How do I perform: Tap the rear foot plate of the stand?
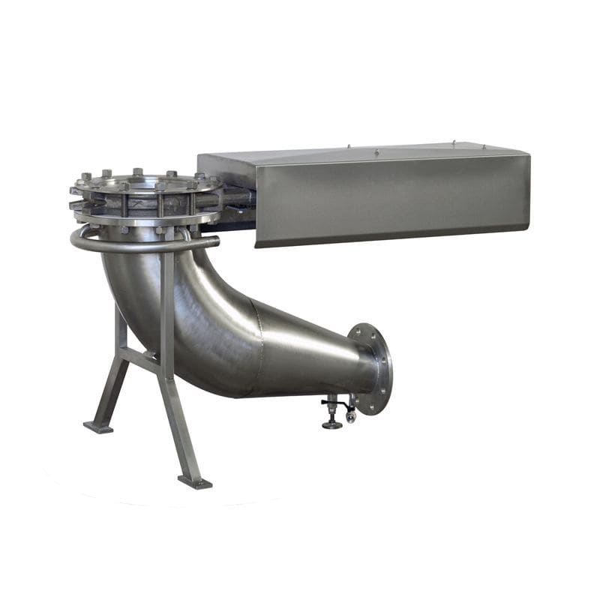(x=98, y=427)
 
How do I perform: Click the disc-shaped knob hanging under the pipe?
(x=331, y=424)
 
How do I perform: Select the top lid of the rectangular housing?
(x=360, y=153)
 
